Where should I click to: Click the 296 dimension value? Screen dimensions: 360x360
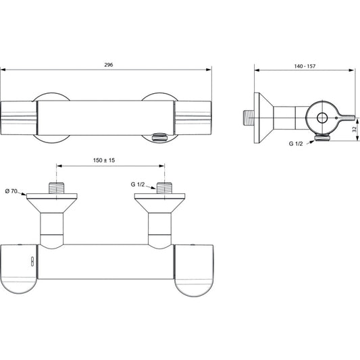pyautogui.click(x=109, y=65)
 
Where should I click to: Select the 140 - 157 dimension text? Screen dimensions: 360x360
pyautogui.click(x=305, y=66)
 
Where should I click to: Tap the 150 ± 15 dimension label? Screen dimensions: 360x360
pyautogui.click(x=104, y=160)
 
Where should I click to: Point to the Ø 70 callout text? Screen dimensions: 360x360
pyautogui.click(x=11, y=191)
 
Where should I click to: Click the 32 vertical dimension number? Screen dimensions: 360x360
pyautogui.click(x=355, y=129)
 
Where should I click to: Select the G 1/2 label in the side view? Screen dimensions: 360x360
pyautogui.click(x=296, y=144)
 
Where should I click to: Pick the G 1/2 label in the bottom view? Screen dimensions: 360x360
pyautogui.click(x=138, y=184)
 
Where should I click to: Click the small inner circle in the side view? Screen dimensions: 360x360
pyautogui.click(x=322, y=118)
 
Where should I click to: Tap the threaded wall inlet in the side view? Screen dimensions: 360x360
pyautogui.click(x=249, y=118)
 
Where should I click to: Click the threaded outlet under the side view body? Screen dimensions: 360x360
pyautogui.click(x=324, y=138)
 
